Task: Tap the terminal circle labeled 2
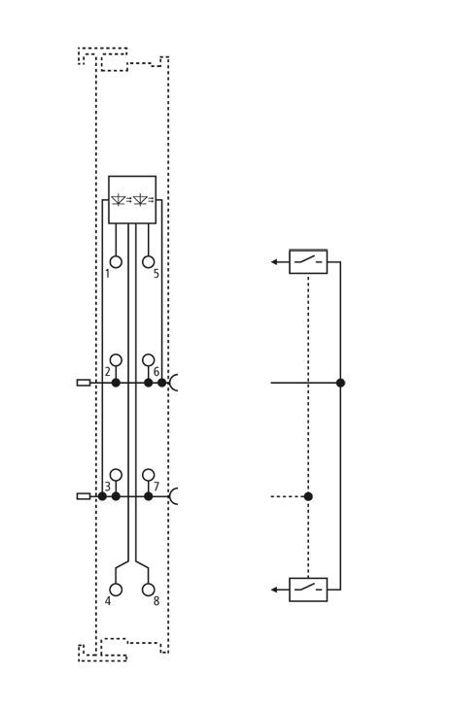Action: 116,360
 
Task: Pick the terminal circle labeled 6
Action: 148,360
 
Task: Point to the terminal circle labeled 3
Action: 116,475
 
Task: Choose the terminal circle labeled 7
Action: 148,475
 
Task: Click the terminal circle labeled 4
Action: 116,590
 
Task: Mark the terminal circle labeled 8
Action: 148,590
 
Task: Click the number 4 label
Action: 108,601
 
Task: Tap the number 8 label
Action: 156,601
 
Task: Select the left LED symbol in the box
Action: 120,199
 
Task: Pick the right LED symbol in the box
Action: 143,199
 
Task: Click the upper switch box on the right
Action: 308,261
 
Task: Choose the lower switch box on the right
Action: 308,590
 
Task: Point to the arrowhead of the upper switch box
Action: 274,261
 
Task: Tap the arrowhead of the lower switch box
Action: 274,590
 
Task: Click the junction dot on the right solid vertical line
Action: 340,383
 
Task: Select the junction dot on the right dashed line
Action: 308,496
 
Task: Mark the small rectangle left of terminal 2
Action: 84,383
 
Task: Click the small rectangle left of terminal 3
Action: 84,496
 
